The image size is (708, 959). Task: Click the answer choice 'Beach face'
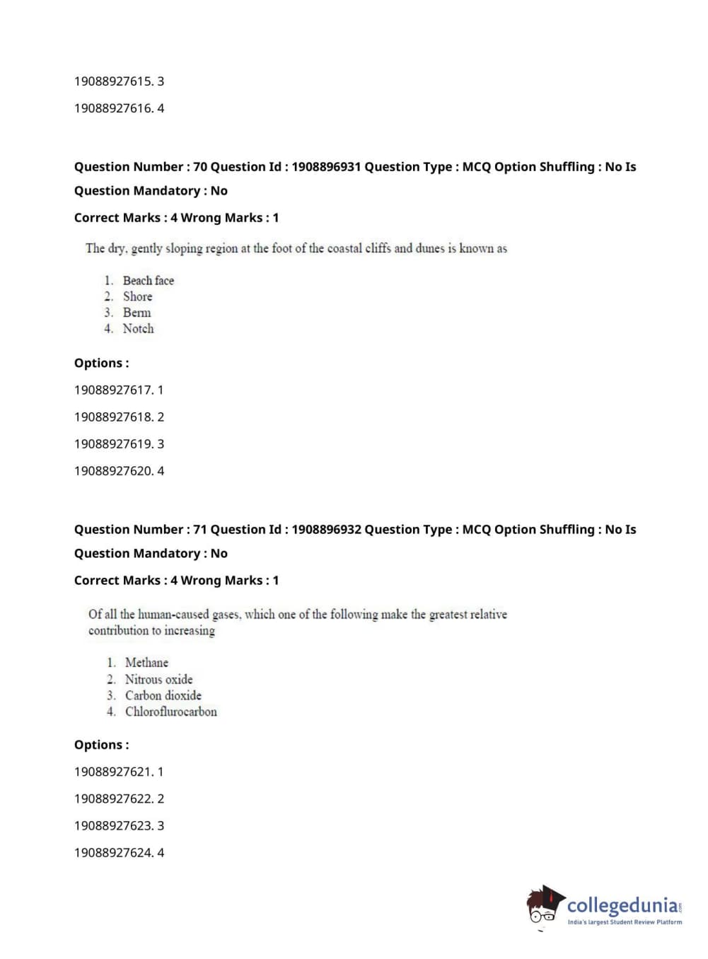click(148, 281)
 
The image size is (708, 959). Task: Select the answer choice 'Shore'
click(137, 297)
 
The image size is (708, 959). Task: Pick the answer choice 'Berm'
click(137, 313)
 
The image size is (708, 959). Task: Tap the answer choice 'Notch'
click(138, 329)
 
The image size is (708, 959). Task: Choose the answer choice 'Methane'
click(146, 663)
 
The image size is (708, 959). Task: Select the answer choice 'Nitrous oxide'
click(158, 680)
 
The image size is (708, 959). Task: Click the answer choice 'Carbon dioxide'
click(163, 696)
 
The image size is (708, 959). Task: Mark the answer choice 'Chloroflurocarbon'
click(170, 712)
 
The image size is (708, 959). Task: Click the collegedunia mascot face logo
click(545, 905)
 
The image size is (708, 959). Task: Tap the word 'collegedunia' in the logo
click(622, 905)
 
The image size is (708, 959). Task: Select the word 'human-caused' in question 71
click(173, 615)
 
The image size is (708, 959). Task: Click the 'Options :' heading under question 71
click(101, 745)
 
